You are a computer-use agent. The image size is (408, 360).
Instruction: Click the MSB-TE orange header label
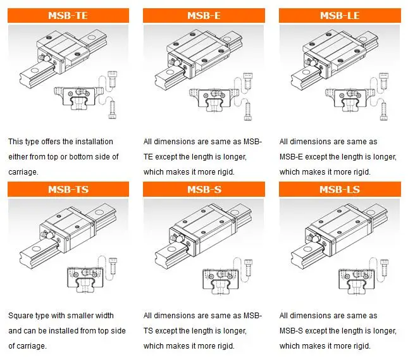click(x=68, y=16)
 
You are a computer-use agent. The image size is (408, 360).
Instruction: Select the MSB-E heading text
click(x=204, y=16)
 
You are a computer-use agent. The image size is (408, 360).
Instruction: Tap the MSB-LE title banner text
click(x=340, y=16)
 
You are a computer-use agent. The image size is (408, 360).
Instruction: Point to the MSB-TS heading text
click(x=68, y=189)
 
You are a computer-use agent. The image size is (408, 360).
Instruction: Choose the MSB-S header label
click(x=204, y=189)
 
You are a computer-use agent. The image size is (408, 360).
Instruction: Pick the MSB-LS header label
click(x=340, y=189)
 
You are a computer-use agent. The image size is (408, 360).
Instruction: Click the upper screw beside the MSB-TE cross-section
click(x=113, y=79)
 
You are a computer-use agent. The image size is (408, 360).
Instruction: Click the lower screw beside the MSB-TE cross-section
click(x=113, y=110)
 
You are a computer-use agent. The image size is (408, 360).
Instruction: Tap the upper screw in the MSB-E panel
click(x=248, y=81)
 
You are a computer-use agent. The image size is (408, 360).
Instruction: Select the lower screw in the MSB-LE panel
click(x=384, y=111)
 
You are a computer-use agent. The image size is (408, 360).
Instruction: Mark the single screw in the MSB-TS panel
click(x=113, y=266)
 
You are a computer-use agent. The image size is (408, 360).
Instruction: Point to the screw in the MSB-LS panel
click(x=384, y=268)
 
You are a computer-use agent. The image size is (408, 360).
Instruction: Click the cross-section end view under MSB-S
click(x=221, y=281)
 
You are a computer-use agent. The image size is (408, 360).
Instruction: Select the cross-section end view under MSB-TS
click(x=85, y=280)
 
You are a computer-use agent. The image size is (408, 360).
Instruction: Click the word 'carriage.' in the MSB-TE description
click(x=23, y=172)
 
